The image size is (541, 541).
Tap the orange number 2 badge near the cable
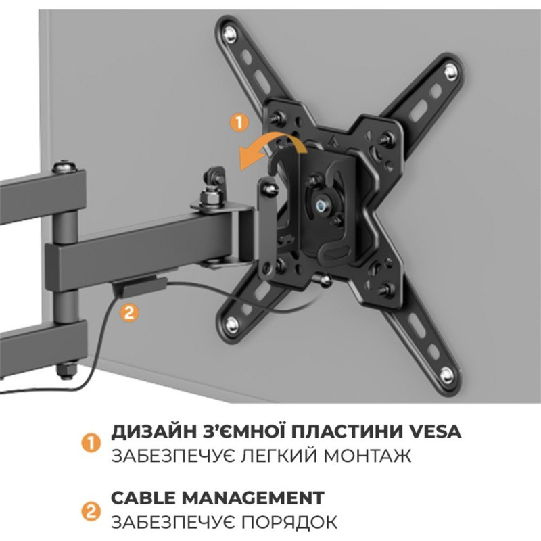pyautogui.click(x=128, y=312)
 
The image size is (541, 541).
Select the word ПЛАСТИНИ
pyautogui.click(x=329, y=431)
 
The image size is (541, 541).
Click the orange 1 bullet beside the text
pyautogui.click(x=89, y=443)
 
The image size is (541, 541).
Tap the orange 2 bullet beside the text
pyautogui.click(x=89, y=511)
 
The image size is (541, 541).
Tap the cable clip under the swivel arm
pyautogui.click(x=138, y=286)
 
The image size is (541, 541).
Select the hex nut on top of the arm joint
pyautogui.click(x=208, y=198)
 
